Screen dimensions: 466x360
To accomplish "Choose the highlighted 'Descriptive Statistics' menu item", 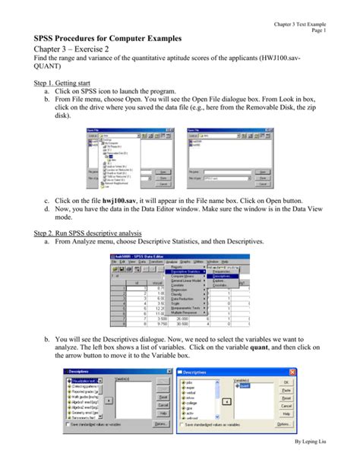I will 185,271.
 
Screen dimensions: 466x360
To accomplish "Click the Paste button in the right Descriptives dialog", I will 286,392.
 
